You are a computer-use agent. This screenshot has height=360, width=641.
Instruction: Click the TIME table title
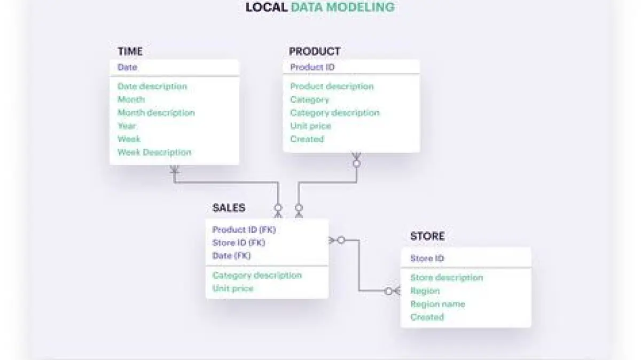click(x=130, y=51)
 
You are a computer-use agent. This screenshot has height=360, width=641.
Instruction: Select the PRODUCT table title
click(x=314, y=51)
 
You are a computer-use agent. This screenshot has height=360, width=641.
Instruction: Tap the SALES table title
click(x=229, y=208)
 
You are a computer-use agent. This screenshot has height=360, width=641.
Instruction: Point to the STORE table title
click(x=427, y=236)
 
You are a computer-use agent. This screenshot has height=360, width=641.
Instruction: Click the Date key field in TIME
click(x=127, y=67)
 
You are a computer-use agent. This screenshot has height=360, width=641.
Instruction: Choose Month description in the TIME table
click(x=156, y=113)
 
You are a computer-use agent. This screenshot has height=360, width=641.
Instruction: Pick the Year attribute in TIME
click(x=127, y=126)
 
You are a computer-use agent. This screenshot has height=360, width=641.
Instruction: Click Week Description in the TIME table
click(x=154, y=152)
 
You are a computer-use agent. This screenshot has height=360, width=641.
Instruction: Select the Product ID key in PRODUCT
click(x=312, y=67)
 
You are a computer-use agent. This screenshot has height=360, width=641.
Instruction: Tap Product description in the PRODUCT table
click(x=332, y=87)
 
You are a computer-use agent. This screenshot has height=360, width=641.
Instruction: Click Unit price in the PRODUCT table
click(x=310, y=126)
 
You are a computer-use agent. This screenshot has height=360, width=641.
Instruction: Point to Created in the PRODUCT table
click(x=307, y=139)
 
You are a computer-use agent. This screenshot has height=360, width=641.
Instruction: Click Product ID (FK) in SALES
click(x=244, y=230)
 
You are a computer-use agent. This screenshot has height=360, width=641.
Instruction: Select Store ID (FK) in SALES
click(x=239, y=242)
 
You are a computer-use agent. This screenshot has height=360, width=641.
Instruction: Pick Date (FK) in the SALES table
click(x=231, y=256)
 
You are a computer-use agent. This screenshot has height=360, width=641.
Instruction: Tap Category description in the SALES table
click(x=257, y=275)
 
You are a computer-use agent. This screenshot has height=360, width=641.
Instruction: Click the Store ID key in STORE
click(x=427, y=259)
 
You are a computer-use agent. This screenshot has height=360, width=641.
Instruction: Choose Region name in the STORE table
click(x=437, y=304)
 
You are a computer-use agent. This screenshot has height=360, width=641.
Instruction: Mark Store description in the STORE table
click(x=446, y=278)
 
